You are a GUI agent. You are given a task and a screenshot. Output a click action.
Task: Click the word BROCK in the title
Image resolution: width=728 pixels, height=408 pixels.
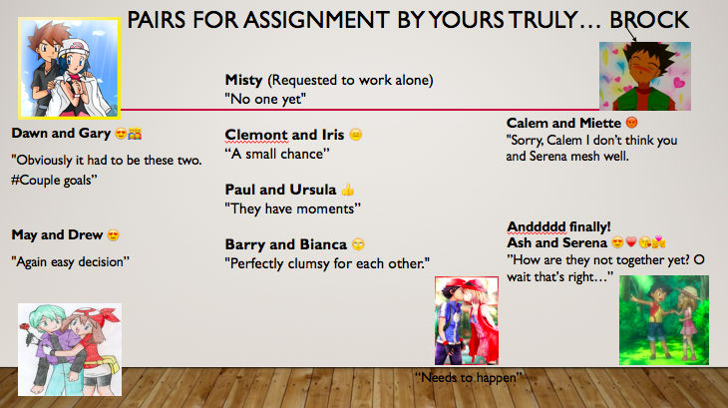tap(649, 20)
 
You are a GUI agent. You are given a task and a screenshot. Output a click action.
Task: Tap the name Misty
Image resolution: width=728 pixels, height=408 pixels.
tap(243, 80)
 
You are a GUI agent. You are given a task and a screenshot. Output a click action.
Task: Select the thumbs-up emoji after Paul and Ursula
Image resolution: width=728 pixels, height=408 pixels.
tap(348, 190)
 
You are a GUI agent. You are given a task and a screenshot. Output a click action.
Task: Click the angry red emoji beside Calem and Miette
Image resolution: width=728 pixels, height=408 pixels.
tap(631, 123)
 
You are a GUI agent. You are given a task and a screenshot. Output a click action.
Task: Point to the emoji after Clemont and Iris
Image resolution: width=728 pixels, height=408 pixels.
tap(356, 135)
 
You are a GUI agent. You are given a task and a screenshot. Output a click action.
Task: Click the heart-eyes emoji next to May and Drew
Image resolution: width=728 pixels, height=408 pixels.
tap(114, 234)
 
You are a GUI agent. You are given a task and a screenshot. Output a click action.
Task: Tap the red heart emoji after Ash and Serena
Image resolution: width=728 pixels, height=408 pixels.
tap(631, 241)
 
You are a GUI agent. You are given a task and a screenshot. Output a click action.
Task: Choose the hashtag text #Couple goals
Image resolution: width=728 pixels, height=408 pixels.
tap(54, 181)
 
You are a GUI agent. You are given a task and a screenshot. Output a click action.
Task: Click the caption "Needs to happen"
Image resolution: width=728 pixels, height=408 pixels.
tap(469, 378)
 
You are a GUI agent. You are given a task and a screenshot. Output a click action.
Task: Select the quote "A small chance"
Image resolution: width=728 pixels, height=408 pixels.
tap(277, 154)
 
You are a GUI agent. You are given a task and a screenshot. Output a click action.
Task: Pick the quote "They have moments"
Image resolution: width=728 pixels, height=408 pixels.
tap(292, 208)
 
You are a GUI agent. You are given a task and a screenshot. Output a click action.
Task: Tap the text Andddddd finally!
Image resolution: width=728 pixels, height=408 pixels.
tap(558, 227)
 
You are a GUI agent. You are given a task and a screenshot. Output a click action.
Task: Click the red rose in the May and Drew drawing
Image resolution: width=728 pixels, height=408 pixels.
tap(26, 326)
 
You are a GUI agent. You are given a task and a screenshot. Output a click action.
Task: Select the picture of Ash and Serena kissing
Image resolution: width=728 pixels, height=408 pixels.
tap(467, 321)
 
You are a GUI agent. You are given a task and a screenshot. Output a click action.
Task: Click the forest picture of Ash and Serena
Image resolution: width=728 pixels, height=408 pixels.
tap(664, 320)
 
